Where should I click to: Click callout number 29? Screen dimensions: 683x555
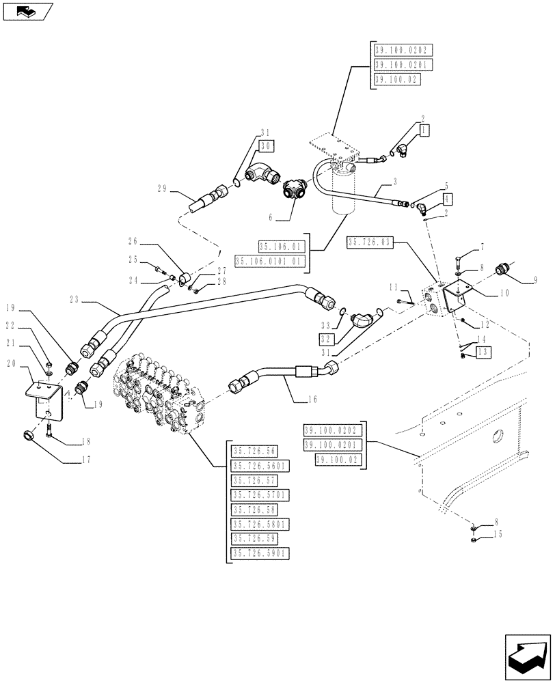point(162,189)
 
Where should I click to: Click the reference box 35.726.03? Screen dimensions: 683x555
point(370,242)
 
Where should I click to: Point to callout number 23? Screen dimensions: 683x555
point(75,298)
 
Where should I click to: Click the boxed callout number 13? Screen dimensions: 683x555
point(483,352)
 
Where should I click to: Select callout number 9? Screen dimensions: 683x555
point(535,279)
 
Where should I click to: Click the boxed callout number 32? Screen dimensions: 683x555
point(327,338)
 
